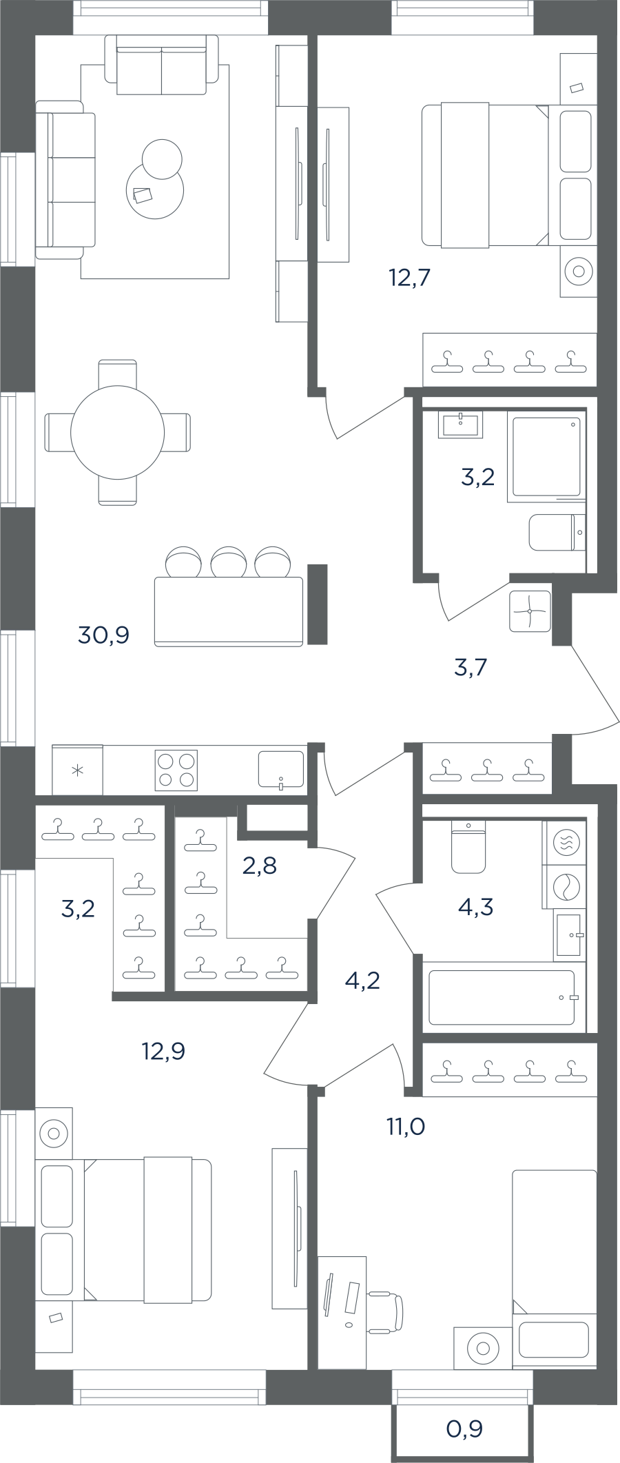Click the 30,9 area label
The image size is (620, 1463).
pyautogui.click(x=104, y=635)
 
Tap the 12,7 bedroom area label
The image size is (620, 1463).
pyautogui.click(x=410, y=278)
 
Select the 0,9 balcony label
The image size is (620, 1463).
pyautogui.click(x=464, y=1429)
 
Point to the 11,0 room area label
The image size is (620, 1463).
pyautogui.click(x=405, y=1127)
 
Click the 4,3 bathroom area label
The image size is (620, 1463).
pyautogui.click(x=475, y=907)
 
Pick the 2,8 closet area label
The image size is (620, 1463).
pyautogui.click(x=260, y=865)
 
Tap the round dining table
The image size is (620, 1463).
pyautogui.click(x=118, y=432)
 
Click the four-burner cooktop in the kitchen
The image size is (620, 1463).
pyautogui.click(x=177, y=770)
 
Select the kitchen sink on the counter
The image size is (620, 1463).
pyautogui.click(x=280, y=769)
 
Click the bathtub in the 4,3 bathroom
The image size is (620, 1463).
pyautogui.click(x=502, y=998)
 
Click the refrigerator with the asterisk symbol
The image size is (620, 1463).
pyautogui.click(x=78, y=770)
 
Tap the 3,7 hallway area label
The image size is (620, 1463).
pyautogui.click(x=471, y=667)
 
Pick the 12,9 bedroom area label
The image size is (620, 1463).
pyautogui.click(x=163, y=1051)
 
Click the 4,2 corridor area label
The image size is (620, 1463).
pyautogui.click(x=362, y=980)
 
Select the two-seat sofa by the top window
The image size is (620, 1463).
pyautogui.click(x=161, y=65)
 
